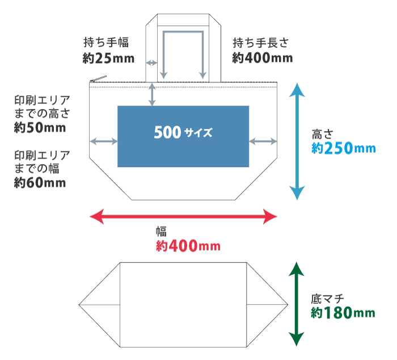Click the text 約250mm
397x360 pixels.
pyautogui.click(x=344, y=148)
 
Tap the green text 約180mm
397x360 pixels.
pyautogui.click(x=343, y=313)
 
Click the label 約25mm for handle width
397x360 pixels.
pyautogui.click(x=108, y=57)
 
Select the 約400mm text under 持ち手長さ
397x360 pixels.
pyautogui.click(x=262, y=57)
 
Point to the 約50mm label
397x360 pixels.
pyautogui.click(x=40, y=127)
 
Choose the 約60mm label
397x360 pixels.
pyautogui.click(x=40, y=183)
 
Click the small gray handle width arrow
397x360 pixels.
pyautogui.click(x=151, y=62)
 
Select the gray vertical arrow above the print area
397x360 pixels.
pyautogui.click(x=151, y=94)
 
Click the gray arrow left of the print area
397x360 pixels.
pyautogui.click(x=103, y=140)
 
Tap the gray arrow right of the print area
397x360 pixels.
pyautogui.click(x=263, y=140)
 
